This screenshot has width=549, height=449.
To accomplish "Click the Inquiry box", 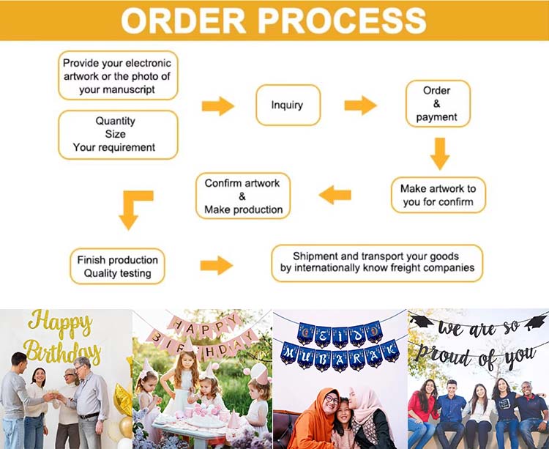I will click(288, 105).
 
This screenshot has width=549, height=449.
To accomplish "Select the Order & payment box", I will click(437, 104).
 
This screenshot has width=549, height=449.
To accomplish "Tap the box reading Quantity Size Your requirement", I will click(118, 135).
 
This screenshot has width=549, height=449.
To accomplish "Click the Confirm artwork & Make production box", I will click(243, 196).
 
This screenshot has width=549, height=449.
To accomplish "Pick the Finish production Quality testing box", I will click(117, 267).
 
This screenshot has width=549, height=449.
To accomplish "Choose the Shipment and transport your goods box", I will click(376, 263).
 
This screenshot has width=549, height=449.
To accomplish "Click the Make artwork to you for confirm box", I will click(438, 195).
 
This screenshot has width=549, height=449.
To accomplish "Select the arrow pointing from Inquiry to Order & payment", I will click(360, 105).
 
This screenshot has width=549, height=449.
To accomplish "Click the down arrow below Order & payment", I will click(439, 153).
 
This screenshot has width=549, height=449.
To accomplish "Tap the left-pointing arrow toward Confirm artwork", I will click(335, 195).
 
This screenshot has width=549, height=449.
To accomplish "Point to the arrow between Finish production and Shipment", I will click(217, 265).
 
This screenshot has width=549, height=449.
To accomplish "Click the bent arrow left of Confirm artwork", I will click(134, 208).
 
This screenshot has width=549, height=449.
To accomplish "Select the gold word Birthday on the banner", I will click(61, 352).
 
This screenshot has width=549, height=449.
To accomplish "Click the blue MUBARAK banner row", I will click(340, 355).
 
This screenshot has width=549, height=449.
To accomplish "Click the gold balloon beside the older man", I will click(122, 400).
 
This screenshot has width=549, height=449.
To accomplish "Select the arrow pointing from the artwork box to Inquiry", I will click(217, 105).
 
